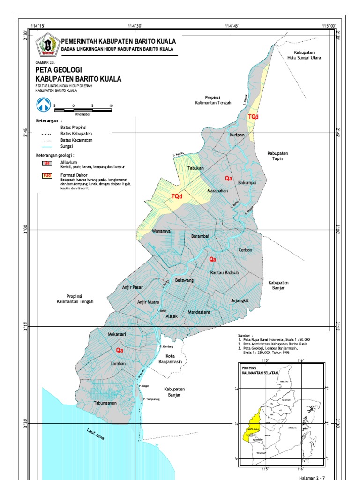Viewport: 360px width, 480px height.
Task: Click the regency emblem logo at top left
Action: pos(46,45)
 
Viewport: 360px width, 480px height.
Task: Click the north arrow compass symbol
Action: pos(44,105)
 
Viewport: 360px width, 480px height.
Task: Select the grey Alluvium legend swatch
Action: pos(46,163)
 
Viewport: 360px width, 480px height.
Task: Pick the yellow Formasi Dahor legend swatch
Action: pos(46,176)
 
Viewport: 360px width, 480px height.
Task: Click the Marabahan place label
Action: pos(217,191)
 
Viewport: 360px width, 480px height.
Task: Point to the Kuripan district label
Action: pos(237,135)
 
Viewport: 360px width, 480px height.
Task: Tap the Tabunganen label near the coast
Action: pos(105,403)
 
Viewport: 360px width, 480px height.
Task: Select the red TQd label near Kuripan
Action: pos(253,116)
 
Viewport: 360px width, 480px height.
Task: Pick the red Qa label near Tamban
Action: pos(120,350)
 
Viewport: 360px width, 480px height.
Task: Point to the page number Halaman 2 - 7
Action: pos(311,476)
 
